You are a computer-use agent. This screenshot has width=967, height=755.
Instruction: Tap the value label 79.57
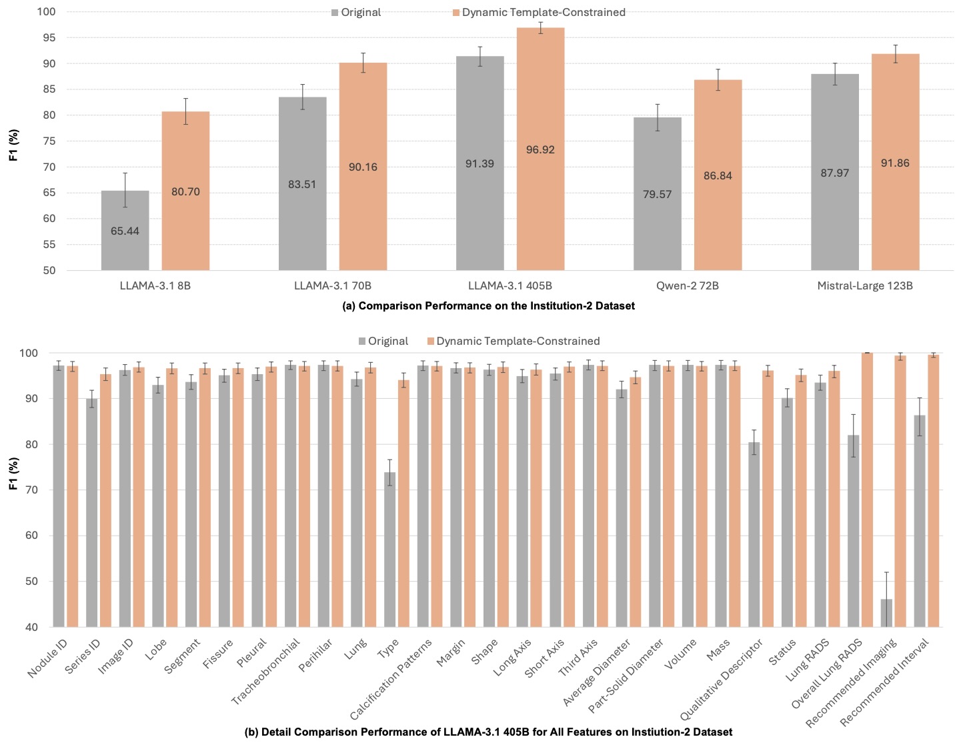coord(657,194)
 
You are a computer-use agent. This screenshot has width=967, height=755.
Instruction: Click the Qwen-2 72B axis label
coord(687,285)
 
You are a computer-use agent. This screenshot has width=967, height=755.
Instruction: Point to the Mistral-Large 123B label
coord(864,285)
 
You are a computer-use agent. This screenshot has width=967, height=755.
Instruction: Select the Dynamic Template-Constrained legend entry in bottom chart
coord(513,341)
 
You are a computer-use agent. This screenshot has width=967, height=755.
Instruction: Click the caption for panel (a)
coord(488,305)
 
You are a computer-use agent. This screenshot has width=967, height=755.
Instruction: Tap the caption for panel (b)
coord(488,732)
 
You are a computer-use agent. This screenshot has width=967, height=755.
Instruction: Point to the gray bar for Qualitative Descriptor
coord(754,534)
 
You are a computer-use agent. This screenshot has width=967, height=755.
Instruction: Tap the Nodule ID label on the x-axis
coord(48,658)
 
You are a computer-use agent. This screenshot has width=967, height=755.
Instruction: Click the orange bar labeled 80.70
coord(185,191)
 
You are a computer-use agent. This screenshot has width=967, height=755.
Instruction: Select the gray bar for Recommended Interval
coord(919,520)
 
